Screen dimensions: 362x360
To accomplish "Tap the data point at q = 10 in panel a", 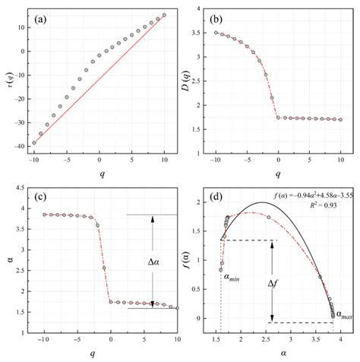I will click(x=164, y=15).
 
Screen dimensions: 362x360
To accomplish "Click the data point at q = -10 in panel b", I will click(x=216, y=33).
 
